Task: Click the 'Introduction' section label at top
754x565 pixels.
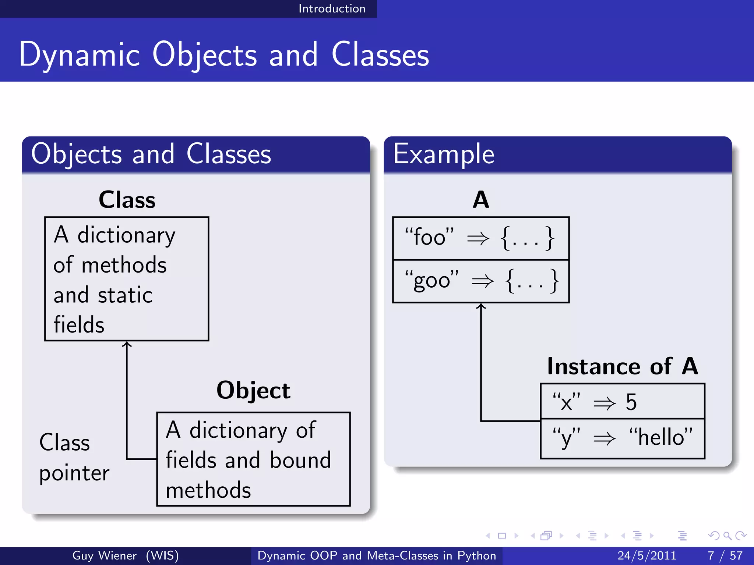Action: (x=332, y=8)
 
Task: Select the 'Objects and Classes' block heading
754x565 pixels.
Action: (x=151, y=154)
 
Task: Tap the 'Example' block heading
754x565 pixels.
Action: (x=443, y=154)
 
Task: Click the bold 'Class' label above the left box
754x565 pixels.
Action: (x=127, y=200)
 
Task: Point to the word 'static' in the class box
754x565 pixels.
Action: (x=125, y=295)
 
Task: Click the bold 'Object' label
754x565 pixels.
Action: (x=253, y=390)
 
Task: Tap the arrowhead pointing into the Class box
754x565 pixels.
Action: (x=127, y=344)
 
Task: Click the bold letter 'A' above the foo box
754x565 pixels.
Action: (x=481, y=200)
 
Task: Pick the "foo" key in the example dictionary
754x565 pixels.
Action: (x=429, y=237)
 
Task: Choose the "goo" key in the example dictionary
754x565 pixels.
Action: (x=431, y=280)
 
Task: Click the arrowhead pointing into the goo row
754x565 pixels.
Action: (x=481, y=306)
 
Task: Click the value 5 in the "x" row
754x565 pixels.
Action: (x=631, y=402)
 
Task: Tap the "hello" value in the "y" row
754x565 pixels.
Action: (x=661, y=437)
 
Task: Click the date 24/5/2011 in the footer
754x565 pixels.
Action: (x=647, y=555)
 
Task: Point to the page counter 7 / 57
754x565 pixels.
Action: (x=725, y=555)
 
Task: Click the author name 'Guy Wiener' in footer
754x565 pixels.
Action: (x=104, y=555)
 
